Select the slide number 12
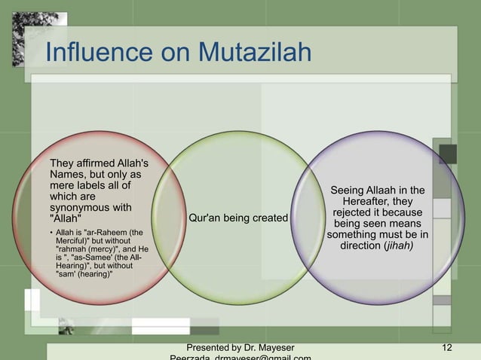(448, 347)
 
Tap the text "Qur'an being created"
(238, 218)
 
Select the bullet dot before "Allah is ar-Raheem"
(51, 233)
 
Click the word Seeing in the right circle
(348, 191)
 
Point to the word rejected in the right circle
(342, 213)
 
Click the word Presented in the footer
(210, 347)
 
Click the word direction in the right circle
(365, 246)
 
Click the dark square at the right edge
(448, 154)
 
